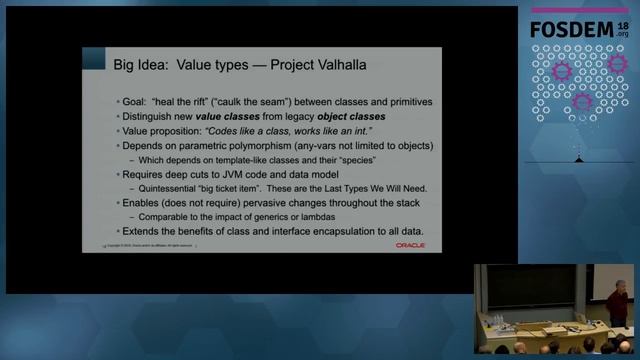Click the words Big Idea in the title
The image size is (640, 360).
click(x=138, y=65)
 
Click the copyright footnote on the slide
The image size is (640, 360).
click(x=165, y=245)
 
